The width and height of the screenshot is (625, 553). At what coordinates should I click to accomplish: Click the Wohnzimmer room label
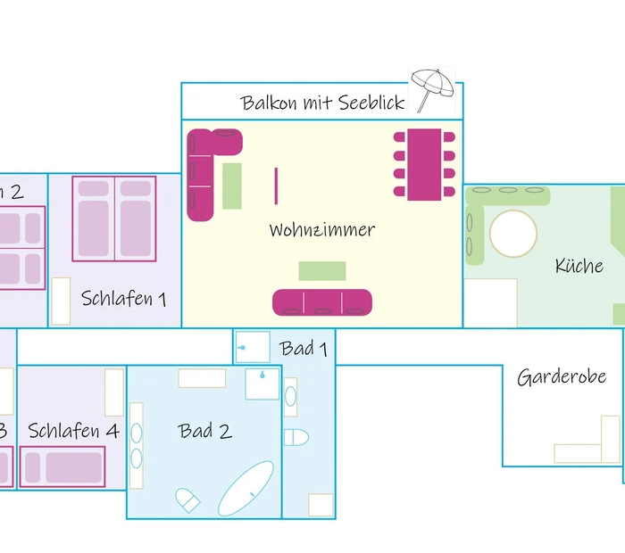[x=321, y=230]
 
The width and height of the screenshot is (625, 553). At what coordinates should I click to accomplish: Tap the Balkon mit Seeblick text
[x=322, y=103]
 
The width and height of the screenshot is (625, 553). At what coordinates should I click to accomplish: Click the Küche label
[x=579, y=266]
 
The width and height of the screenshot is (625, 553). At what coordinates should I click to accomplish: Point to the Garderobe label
[x=562, y=376]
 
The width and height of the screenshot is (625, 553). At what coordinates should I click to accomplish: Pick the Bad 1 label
[x=304, y=348]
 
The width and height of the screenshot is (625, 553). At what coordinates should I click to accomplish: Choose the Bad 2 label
[x=204, y=432]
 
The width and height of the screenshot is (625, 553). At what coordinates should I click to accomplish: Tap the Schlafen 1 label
[x=123, y=298]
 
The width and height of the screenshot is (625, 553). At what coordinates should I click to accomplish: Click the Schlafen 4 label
[x=73, y=432]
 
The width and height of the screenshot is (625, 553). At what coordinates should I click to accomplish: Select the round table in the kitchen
[x=513, y=234]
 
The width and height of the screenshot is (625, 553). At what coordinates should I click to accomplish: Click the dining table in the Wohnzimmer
[x=424, y=164]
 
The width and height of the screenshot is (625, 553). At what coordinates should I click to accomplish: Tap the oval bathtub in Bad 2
[x=246, y=489]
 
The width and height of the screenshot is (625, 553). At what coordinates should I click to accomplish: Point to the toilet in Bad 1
[x=296, y=437]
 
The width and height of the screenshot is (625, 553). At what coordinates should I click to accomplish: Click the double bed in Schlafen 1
[x=114, y=219]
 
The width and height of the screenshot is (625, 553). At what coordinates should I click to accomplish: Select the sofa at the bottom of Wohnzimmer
[x=321, y=301]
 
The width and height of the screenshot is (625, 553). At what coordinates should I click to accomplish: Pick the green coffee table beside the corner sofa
[x=232, y=186]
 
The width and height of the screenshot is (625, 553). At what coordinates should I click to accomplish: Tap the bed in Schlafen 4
[x=62, y=466]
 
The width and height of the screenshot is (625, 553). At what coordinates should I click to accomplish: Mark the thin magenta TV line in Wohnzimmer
[x=276, y=186]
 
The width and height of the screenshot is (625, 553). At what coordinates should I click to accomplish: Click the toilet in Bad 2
[x=188, y=499]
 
